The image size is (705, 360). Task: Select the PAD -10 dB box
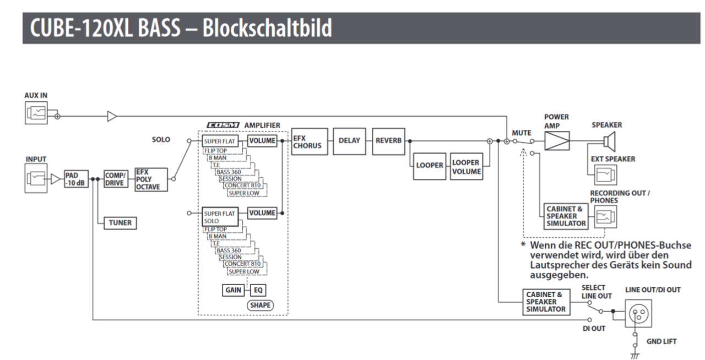(x=75, y=179)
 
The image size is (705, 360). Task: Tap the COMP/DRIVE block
(x=115, y=179)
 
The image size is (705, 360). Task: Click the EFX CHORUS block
(x=309, y=141)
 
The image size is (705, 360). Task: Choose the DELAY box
(x=349, y=141)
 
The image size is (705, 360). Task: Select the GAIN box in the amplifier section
(x=234, y=290)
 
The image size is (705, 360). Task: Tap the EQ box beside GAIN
(x=258, y=290)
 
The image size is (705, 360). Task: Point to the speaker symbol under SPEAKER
(x=609, y=142)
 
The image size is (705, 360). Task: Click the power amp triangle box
(x=556, y=141)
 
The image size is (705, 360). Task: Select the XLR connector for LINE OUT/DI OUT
(x=638, y=314)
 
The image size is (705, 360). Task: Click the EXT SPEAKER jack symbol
(x=604, y=175)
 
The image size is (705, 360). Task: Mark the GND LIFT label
(x=661, y=341)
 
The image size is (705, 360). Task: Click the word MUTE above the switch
(x=522, y=133)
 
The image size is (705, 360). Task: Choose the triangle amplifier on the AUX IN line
(x=112, y=116)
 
